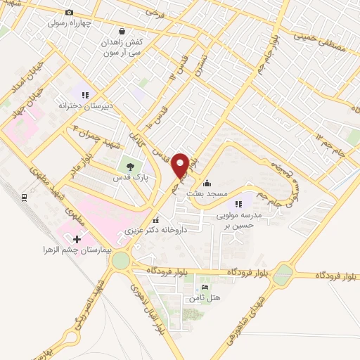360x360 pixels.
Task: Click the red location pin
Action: (181, 165)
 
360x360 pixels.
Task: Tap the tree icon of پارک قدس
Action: (129, 166)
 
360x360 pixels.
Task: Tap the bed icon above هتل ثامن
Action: (205, 288)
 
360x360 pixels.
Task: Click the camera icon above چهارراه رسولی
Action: (69, 13)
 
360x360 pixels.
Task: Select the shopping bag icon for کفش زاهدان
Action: (123, 32)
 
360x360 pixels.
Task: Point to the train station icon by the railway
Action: (24, 198)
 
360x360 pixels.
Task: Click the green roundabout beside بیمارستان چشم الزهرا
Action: (120, 261)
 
